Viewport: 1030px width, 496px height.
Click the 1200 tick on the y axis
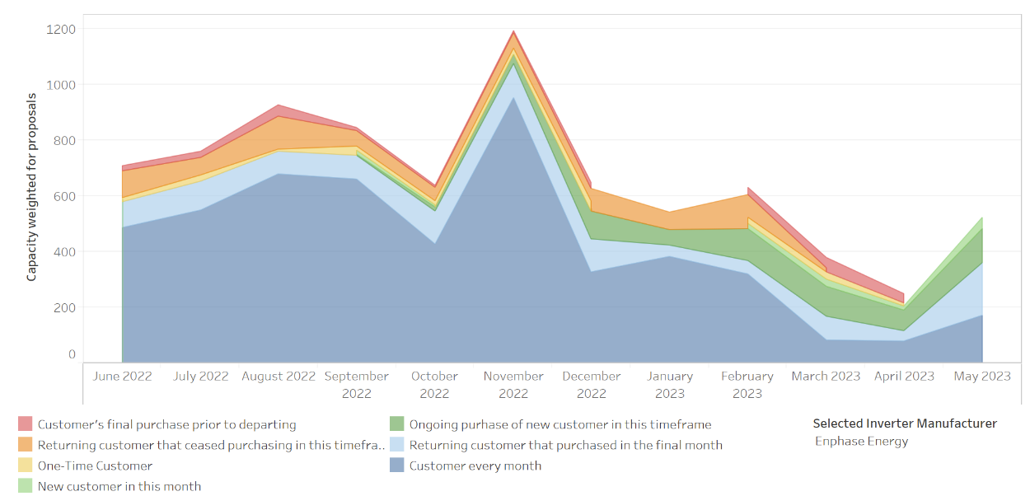coord(62,29)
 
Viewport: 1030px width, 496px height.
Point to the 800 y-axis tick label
coord(64,140)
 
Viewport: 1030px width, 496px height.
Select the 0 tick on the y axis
coord(72,354)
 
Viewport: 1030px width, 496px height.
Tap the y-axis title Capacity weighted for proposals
coord(32,187)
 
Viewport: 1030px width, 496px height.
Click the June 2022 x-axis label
coord(122,377)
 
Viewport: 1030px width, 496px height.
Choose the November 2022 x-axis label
coord(513,385)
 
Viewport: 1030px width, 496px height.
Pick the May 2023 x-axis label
coord(982,377)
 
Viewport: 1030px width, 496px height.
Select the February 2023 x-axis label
coord(747,385)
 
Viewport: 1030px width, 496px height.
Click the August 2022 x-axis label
coord(279,377)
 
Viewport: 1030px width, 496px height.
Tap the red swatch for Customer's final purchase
coord(26,424)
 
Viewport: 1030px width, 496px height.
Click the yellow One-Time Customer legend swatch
coord(26,466)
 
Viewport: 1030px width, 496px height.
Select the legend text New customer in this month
coord(119,486)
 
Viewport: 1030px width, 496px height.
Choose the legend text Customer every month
coord(475,466)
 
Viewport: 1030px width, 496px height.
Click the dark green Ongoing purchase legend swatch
coord(397,424)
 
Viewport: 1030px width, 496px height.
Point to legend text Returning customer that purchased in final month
coord(566,445)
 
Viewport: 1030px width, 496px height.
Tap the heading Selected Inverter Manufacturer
coord(905,423)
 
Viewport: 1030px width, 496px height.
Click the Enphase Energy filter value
coord(861,441)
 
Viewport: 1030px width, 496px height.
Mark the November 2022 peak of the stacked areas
coord(513,32)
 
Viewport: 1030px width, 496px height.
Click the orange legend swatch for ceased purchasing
coord(26,445)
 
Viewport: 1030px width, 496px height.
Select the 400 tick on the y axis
coord(64,251)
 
